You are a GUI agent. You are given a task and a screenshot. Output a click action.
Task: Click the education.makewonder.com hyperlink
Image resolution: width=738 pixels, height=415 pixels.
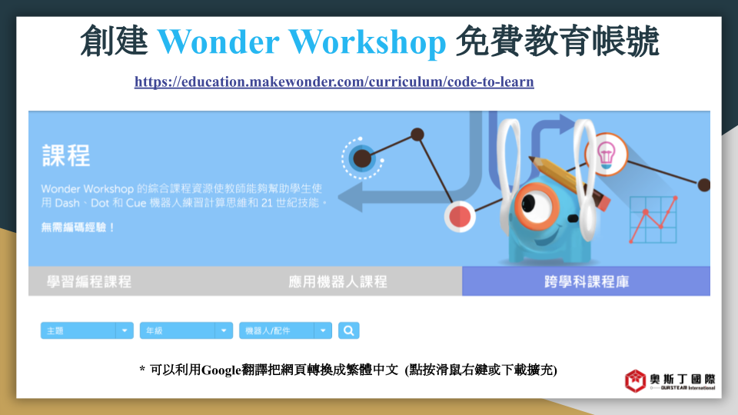pyautogui.click(x=334, y=82)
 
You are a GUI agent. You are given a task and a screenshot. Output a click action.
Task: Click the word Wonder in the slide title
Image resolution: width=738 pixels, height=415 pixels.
pyautogui.click(x=218, y=41)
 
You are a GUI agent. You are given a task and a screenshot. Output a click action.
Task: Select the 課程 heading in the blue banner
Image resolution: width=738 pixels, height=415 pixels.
pyautogui.click(x=66, y=156)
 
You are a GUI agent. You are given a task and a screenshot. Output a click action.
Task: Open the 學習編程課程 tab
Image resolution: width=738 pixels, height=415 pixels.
pyautogui.click(x=89, y=282)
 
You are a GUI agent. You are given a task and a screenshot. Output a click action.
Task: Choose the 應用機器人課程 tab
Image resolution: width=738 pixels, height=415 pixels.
pyautogui.click(x=338, y=282)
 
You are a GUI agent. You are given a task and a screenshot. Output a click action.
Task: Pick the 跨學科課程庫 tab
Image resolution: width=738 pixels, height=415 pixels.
pyautogui.click(x=587, y=281)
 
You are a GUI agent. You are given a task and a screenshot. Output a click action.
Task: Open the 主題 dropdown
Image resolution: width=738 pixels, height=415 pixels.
pyautogui.click(x=87, y=330)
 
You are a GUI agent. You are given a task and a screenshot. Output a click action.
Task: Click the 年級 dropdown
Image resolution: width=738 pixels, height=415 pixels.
pyautogui.click(x=186, y=330)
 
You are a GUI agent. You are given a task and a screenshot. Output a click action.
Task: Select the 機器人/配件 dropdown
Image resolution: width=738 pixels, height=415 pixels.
pyautogui.click(x=286, y=330)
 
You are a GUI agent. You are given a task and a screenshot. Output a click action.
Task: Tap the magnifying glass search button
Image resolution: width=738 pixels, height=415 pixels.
pyautogui.click(x=349, y=330)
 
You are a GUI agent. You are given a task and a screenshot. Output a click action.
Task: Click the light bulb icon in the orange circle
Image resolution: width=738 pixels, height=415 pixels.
pyautogui.click(x=607, y=154)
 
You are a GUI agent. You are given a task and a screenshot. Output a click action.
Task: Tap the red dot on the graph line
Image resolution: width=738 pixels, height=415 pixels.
pyautogui.click(x=460, y=217)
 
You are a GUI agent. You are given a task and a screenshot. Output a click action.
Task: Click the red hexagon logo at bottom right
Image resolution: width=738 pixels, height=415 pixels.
pyautogui.click(x=635, y=381)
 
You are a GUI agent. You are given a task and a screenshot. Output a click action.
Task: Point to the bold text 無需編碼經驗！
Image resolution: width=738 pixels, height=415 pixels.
pyautogui.click(x=78, y=227)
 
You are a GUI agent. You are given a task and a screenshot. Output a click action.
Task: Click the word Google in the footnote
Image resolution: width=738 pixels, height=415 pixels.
pyautogui.click(x=221, y=370)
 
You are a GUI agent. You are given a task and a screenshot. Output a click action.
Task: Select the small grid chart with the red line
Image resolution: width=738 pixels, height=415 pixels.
pyautogui.click(x=653, y=220)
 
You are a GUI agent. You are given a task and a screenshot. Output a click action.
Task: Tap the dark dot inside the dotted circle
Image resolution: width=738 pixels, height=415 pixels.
pyautogui.click(x=362, y=158)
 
